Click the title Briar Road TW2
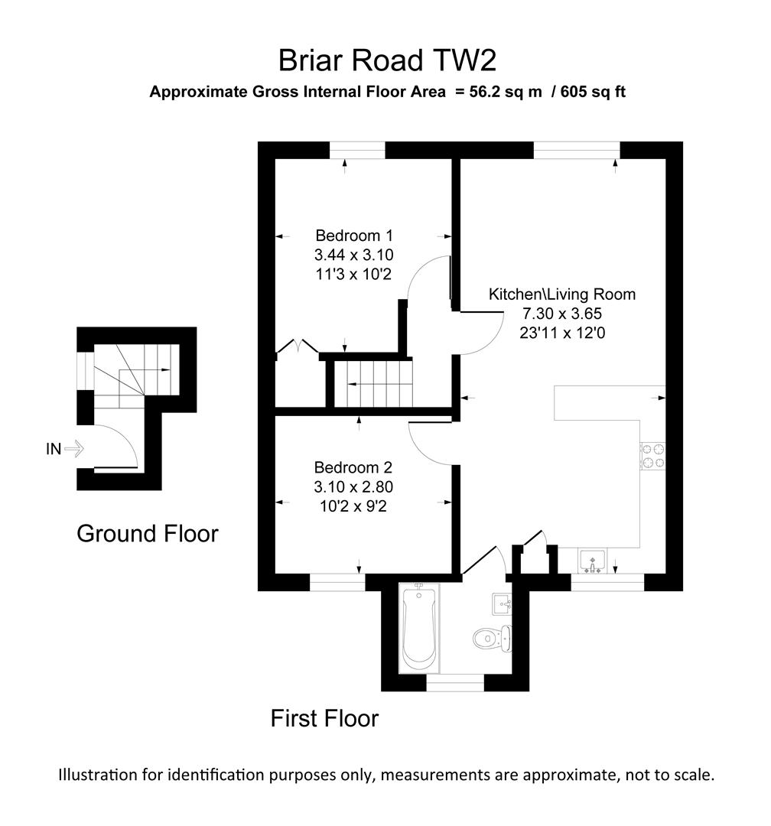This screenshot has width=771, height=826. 388,59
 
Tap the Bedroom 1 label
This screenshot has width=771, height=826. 353,235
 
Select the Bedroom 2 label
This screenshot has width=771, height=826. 353,467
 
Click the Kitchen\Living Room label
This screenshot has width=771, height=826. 562,294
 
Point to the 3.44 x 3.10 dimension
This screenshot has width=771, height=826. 353,255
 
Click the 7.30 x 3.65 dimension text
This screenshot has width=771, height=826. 562,313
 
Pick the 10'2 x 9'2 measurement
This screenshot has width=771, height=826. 353,506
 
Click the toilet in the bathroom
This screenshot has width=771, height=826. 490,636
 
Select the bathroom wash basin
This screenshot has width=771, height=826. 502,603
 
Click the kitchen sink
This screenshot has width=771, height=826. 592,561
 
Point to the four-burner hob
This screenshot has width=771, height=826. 652,457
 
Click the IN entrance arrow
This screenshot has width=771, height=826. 73,449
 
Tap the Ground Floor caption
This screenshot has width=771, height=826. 147,533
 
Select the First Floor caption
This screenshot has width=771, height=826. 324,718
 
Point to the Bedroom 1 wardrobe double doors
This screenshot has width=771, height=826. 298,346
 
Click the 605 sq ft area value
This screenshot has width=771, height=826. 594,93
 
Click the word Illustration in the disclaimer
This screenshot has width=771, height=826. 97,774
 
